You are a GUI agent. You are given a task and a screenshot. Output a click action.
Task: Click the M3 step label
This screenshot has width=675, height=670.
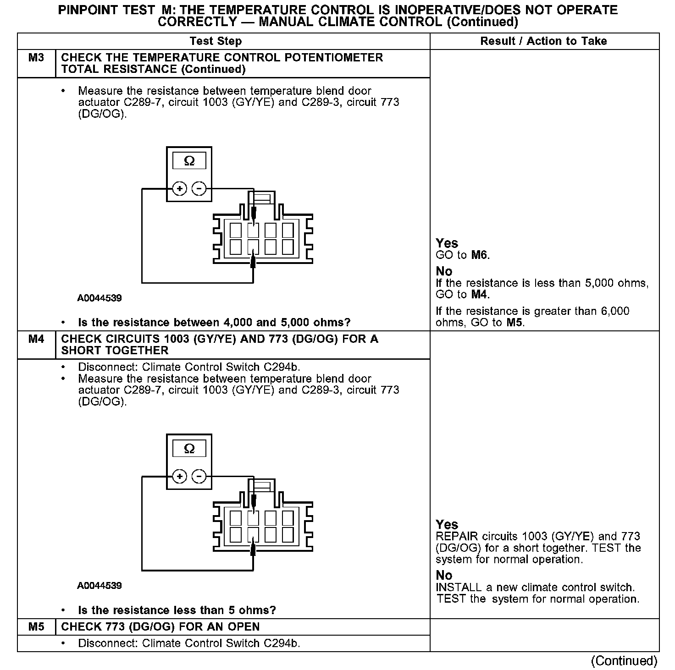pos(36,58)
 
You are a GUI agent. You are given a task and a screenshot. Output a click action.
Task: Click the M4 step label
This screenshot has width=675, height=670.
pos(36,340)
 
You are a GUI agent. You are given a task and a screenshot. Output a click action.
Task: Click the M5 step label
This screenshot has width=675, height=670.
pos(36,627)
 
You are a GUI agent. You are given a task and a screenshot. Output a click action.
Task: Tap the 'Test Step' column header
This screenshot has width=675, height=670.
pos(216,41)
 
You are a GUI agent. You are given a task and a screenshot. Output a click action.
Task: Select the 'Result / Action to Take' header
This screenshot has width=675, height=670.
pos(543,41)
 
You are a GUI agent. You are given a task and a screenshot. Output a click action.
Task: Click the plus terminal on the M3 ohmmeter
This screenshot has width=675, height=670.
pos(179,189)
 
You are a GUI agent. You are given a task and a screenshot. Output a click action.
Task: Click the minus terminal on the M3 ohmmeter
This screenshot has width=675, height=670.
pos(199,189)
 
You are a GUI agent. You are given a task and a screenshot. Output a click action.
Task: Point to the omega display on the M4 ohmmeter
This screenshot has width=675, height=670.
pos(189,449)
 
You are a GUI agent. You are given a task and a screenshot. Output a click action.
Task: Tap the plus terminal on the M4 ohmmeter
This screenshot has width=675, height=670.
pos(179,477)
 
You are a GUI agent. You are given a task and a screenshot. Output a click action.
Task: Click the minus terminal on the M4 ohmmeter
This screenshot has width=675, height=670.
pos(199,477)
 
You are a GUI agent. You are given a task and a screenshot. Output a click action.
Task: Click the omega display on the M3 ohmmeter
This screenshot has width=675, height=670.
pos(189,161)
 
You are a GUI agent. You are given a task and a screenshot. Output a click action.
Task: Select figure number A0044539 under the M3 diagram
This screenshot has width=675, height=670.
pos(100,298)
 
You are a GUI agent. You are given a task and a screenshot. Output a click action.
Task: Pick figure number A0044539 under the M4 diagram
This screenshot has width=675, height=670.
pos(100,586)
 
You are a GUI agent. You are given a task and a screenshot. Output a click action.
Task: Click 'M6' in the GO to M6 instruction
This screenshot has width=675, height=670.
pos(480,255)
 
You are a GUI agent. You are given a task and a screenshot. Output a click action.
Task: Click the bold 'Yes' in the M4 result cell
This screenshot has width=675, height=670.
pos(447,524)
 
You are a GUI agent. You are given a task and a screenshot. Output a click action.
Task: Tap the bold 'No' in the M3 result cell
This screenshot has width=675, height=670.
pos(444,271)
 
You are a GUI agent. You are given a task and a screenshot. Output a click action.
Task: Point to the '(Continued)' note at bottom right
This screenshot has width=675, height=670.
pos(624,660)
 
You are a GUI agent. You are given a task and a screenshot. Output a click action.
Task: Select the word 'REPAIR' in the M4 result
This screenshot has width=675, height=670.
pos(457,537)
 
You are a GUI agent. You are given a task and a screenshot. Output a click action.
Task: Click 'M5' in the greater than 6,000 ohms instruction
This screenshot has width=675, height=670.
pos(515,323)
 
